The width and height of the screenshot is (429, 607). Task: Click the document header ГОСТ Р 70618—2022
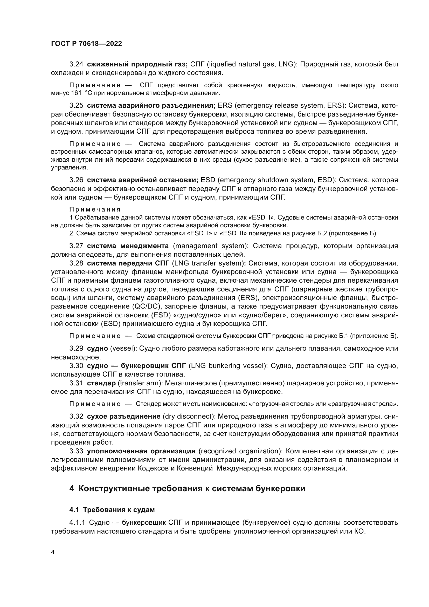tap(86, 44)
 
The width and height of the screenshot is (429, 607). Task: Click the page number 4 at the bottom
tap(53, 552)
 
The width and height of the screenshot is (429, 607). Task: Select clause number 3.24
tap(76, 64)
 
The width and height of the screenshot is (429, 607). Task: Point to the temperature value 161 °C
tap(80, 93)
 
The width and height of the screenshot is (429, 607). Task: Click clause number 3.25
tap(76, 105)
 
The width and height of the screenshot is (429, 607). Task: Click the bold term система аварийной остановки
tap(142, 180)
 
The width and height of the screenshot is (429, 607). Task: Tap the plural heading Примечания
tap(95, 209)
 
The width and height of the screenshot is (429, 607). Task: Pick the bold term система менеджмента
tap(128, 246)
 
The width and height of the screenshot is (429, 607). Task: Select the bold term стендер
tap(101, 383)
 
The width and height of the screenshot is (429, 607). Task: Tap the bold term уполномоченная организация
tap(141, 451)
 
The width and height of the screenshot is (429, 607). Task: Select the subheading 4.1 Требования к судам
tap(112, 510)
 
